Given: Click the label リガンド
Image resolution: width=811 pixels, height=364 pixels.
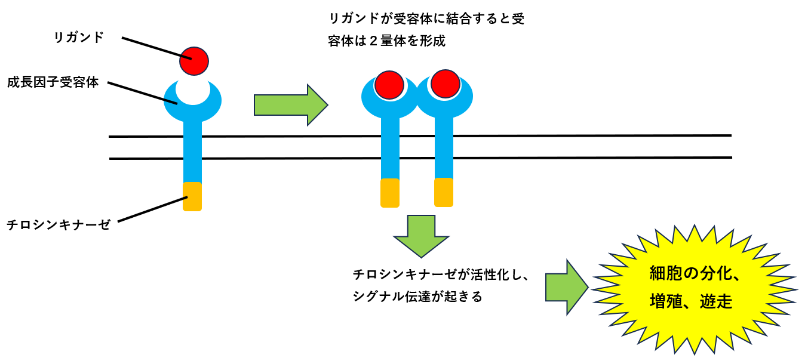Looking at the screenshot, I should tap(79, 38).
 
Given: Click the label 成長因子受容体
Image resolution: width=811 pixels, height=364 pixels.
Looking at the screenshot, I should tap(53, 82).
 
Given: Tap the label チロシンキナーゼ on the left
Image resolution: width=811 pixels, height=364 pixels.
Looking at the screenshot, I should tap(59, 225).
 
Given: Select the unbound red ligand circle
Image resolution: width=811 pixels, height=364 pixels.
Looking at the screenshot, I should tap(194, 61).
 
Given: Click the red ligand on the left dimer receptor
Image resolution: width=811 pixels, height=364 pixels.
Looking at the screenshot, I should tap(389, 84).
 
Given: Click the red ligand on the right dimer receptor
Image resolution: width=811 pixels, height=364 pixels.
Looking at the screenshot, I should tap(444, 84).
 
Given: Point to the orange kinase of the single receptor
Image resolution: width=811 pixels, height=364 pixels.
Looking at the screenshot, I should tap(192, 196).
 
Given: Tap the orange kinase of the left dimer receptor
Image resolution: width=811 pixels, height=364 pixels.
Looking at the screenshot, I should tap(389, 193).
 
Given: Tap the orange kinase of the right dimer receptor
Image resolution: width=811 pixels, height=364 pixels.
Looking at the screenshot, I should tap(444, 192).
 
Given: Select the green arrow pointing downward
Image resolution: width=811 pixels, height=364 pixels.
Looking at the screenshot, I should tap(420, 235).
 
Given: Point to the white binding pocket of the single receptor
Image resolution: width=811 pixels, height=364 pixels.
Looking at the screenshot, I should tap(192, 91).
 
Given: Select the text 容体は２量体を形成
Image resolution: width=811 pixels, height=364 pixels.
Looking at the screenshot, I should tap(386, 42).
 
